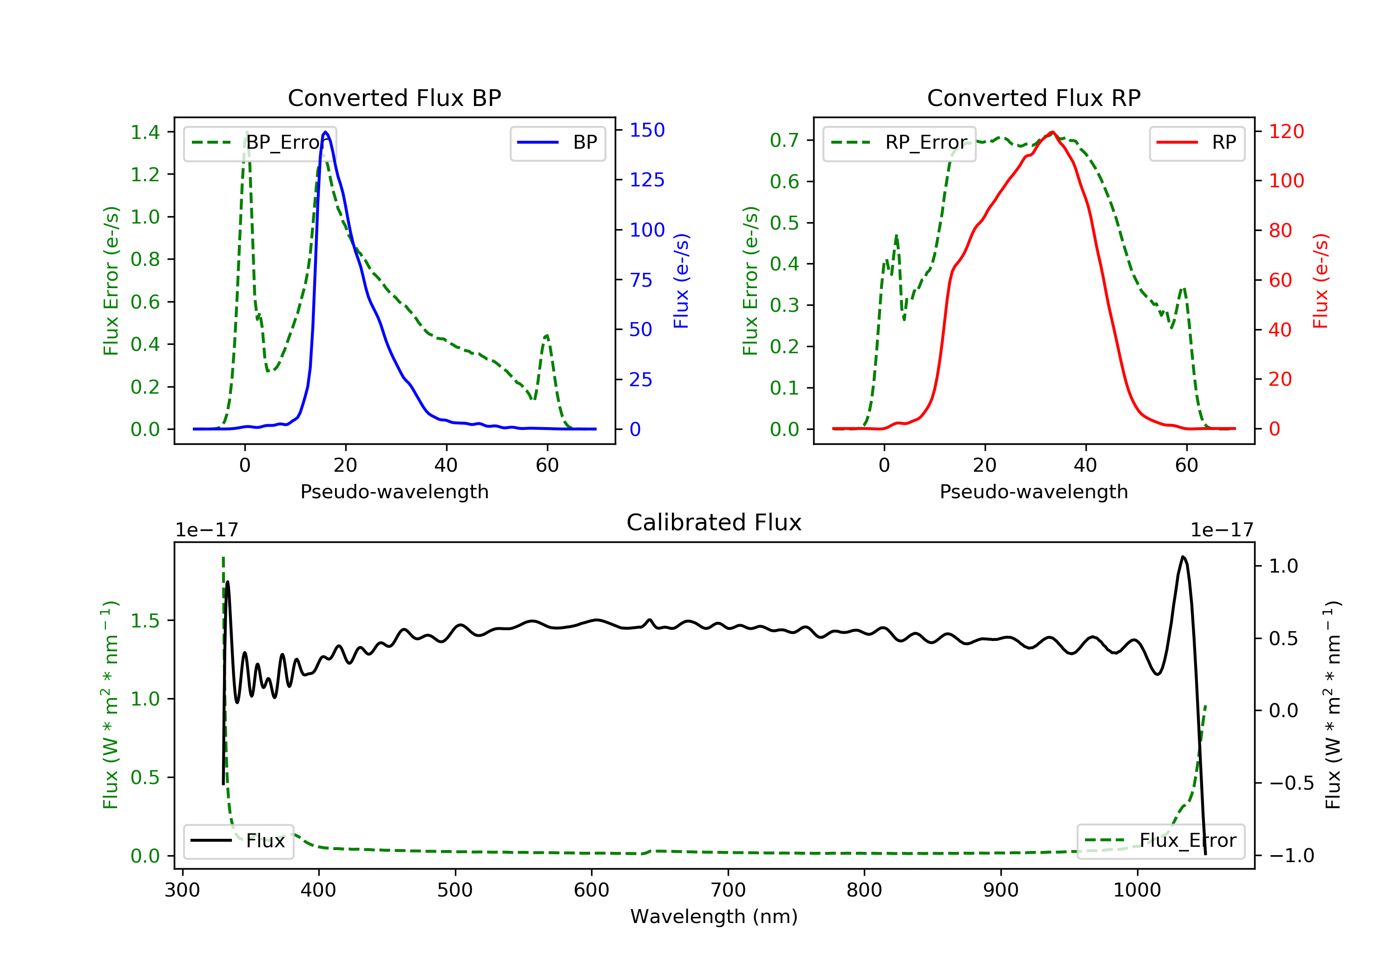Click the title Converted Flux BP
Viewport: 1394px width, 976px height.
tap(394, 98)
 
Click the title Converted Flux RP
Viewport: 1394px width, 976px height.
tap(1033, 98)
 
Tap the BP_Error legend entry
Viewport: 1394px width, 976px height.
tap(260, 143)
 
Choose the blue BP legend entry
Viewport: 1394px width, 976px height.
tap(557, 143)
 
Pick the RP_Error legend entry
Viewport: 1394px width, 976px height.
tap(899, 143)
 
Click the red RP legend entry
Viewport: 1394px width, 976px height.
tap(1197, 143)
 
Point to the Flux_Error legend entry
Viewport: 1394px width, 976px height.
tap(1160, 841)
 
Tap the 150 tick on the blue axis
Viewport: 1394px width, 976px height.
tap(647, 130)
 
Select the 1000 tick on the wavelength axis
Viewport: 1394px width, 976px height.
tap(1137, 890)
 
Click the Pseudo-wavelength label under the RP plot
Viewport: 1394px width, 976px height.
tap(1033, 492)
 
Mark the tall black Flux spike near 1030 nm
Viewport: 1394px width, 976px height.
tap(1183, 557)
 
